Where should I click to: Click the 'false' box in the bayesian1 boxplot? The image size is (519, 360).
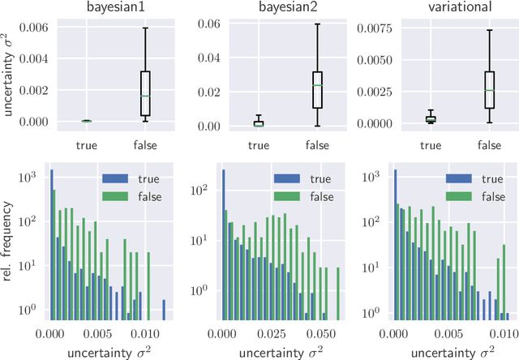pos(145,94)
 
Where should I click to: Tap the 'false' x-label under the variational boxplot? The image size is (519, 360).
pos(490,146)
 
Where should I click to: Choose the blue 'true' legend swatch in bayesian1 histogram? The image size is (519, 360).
pos(116,178)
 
